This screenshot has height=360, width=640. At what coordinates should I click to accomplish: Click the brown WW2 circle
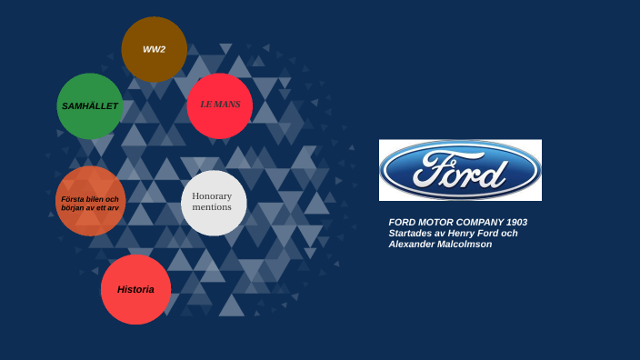coord(154,49)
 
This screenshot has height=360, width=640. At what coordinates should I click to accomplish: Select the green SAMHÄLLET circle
coord(89,106)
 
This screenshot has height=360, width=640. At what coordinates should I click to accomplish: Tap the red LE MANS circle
coord(219,105)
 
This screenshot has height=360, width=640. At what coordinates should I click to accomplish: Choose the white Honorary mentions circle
coord(214,202)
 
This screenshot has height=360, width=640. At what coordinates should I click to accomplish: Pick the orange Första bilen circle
coord(90,202)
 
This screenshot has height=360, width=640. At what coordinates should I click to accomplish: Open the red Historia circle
coord(135,289)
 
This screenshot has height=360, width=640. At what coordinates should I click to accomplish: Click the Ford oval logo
coord(460,170)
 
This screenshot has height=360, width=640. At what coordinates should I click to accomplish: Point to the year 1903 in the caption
coord(516,222)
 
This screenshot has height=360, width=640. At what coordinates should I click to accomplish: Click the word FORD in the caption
coord(401,222)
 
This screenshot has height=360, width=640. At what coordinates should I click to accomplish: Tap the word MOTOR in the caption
coord(435,222)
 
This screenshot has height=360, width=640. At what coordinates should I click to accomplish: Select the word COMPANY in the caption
coord(479,222)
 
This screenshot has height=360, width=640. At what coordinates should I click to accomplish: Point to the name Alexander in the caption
coord(411,244)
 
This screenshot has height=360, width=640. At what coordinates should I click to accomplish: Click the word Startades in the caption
coord(409,233)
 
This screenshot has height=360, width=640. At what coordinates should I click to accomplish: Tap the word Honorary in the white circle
coord(212,195)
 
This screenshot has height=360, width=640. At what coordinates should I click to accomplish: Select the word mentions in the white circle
coord(212,207)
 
